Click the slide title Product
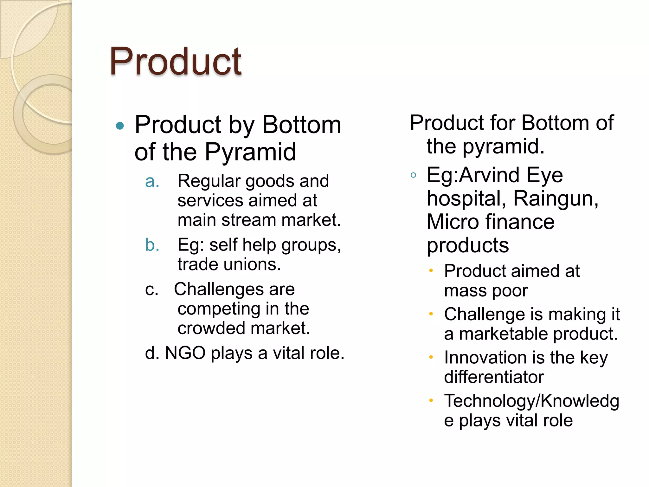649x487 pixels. [x=175, y=62]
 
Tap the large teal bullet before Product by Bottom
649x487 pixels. [x=120, y=126]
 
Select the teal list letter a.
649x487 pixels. [x=152, y=182]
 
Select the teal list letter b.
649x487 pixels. [x=152, y=245]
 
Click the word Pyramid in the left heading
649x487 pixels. [x=250, y=152]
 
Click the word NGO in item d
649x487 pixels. [x=185, y=353]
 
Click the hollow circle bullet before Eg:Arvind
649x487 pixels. [x=413, y=175]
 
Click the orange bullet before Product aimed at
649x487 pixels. [x=431, y=271]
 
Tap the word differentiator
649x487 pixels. [x=494, y=377]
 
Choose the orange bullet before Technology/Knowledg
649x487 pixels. [x=431, y=401]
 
